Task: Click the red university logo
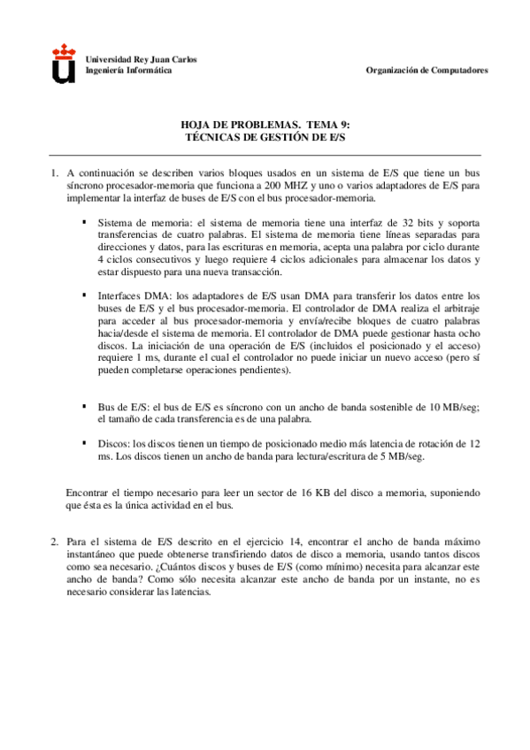[64, 65]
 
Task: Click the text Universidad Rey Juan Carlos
[141, 59]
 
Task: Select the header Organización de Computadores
[426, 70]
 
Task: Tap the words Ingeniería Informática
[128, 70]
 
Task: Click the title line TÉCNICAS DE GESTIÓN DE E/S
[265, 138]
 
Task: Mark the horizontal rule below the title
[265, 155]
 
